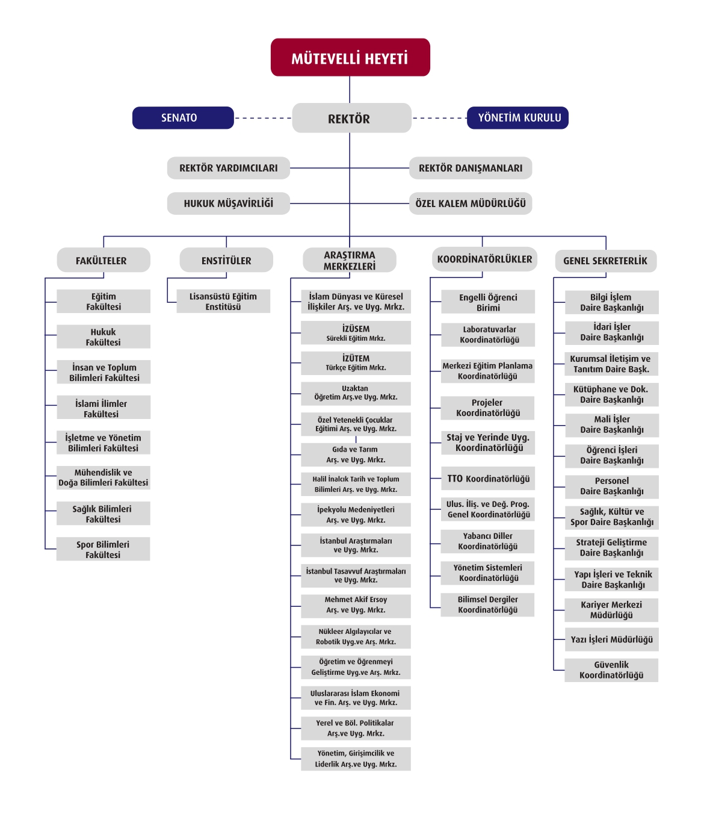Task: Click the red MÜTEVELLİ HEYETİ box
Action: tap(350, 57)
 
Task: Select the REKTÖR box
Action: tap(351, 118)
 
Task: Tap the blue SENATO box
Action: tap(183, 118)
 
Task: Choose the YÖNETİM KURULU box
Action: tap(517, 118)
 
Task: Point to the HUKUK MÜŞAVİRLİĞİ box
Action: tap(229, 203)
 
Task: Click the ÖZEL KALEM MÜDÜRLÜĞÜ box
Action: tap(471, 203)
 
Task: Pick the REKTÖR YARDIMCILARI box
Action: tap(229, 168)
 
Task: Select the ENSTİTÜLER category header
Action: tap(226, 260)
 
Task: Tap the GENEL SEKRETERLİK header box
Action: tap(606, 261)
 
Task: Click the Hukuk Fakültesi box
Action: tap(103, 337)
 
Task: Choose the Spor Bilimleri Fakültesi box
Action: tap(103, 549)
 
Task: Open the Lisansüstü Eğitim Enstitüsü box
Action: tap(223, 301)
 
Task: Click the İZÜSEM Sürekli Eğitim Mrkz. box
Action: tap(356, 333)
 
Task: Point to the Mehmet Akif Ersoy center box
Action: tap(356, 606)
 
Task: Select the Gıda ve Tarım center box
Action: tap(356, 455)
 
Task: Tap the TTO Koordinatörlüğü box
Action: tap(488, 479)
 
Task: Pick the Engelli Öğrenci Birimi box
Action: tap(488, 302)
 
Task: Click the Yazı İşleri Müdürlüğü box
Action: tap(612, 639)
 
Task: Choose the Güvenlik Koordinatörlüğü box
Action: tap(611, 670)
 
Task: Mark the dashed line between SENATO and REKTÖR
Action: tap(263, 118)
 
